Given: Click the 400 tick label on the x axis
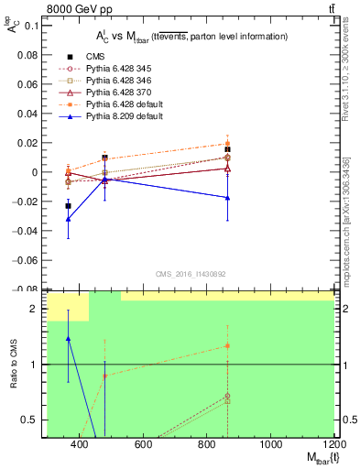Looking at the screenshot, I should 80,445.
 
